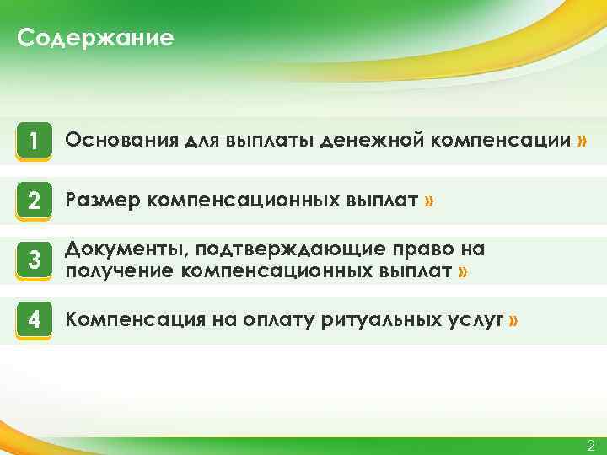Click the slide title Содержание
[95, 39]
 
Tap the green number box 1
[34, 142]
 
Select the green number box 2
[34, 201]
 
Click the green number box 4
[34, 320]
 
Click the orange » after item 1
[582, 141]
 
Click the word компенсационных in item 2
[245, 201]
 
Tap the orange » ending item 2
[430, 201]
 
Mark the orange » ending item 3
[463, 270]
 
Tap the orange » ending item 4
[514, 320]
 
